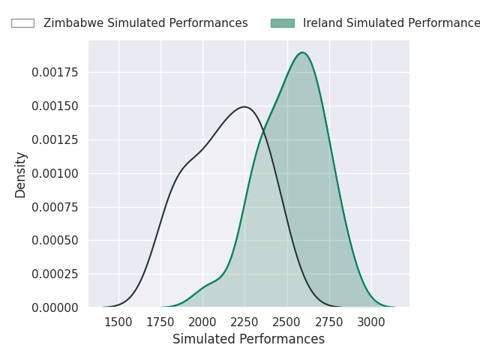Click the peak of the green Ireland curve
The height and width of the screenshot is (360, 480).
[x=302, y=52]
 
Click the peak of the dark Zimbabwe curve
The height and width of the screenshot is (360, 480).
[x=244, y=106]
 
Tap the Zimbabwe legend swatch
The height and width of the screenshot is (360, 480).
[x=22, y=23]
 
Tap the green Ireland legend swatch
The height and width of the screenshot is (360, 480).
[x=282, y=23]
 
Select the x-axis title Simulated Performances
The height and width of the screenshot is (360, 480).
[x=248, y=339]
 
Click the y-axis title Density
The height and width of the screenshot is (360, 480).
[x=21, y=174]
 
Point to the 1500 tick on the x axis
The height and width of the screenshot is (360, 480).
[x=118, y=322]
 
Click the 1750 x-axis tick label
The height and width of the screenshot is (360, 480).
[x=160, y=322]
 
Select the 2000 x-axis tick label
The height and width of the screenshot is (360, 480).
[x=202, y=322]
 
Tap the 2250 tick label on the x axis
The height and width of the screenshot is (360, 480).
[x=244, y=322]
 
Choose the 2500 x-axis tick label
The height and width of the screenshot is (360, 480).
[x=286, y=322]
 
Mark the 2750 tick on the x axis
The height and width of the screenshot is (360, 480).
[x=328, y=322]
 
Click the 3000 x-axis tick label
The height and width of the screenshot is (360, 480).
[x=370, y=322]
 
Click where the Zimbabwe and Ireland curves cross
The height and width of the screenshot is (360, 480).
[x=263, y=131]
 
